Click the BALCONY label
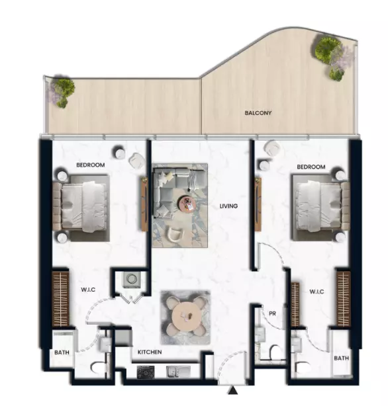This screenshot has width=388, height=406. click(x=258, y=113)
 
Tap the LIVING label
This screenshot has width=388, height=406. click(x=228, y=206)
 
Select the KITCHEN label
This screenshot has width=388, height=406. click(x=150, y=352)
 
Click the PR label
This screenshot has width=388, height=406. click(x=271, y=313)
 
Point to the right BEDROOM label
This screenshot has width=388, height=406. click(x=311, y=167)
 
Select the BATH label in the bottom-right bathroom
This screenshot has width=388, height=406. click(x=341, y=358)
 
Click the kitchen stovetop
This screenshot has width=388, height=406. click(x=146, y=373)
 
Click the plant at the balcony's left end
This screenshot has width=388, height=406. click(x=62, y=92)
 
